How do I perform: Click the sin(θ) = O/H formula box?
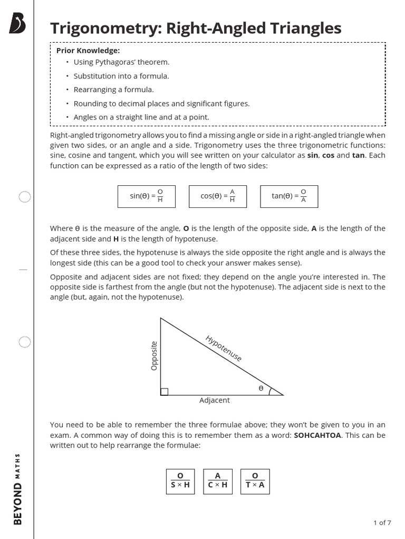click(x=146, y=196)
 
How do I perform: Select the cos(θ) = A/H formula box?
click(x=218, y=196)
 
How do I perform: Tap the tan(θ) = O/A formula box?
click(x=289, y=196)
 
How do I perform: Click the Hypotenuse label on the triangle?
click(x=223, y=348)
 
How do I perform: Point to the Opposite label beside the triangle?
click(x=154, y=356)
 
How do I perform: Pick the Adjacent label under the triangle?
click(x=214, y=400)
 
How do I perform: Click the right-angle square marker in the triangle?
click(x=164, y=391)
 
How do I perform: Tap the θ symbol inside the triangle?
click(x=261, y=388)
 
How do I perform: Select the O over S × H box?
click(x=180, y=481)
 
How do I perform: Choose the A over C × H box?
click(x=217, y=481)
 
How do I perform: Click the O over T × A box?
click(x=255, y=481)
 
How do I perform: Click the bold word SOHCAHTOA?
click(x=317, y=435)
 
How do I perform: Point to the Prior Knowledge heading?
click(x=88, y=51)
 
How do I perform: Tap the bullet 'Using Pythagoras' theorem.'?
click(x=121, y=62)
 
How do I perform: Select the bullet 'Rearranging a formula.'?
click(x=113, y=89)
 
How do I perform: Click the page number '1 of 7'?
click(x=382, y=523)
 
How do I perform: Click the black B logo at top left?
click(x=17, y=24)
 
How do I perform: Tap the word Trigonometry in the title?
click(x=105, y=28)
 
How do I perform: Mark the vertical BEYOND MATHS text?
click(x=17, y=488)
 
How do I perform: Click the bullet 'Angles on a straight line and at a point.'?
click(x=141, y=117)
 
